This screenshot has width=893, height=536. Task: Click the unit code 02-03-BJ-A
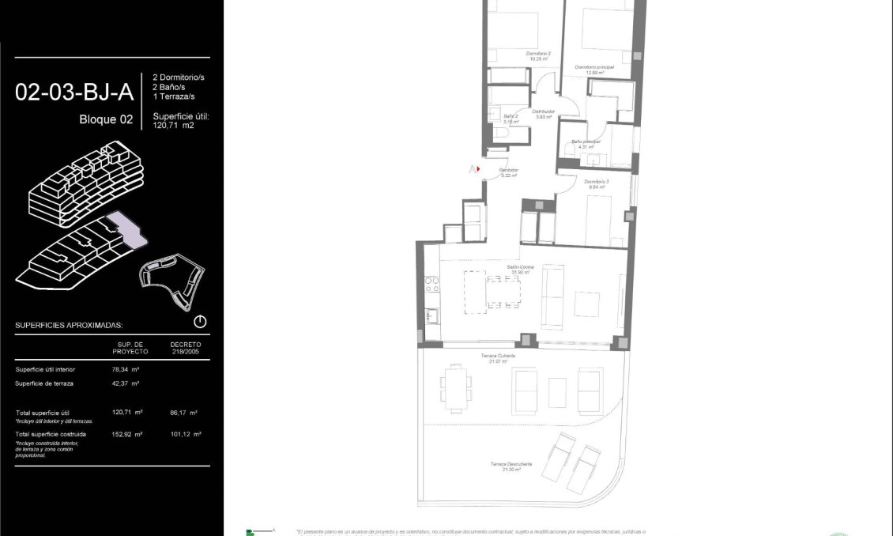pos(74,92)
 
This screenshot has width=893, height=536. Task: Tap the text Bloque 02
pos(106,119)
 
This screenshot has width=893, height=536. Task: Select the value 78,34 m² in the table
pos(126,369)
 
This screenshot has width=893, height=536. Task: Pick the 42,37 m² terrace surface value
pos(126,383)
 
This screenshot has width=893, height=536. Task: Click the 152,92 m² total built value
pos(127,434)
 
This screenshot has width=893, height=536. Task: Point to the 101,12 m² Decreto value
pos(185,434)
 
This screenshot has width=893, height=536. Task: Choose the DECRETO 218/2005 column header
pos(186,347)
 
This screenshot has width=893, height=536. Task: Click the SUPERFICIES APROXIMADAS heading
pos(69,325)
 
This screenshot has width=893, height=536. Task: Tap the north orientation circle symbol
pos(200,322)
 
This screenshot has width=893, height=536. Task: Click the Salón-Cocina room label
pos(522,269)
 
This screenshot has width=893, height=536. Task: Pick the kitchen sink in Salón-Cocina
pos(431,315)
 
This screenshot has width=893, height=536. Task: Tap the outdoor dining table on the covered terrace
pos(456,387)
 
